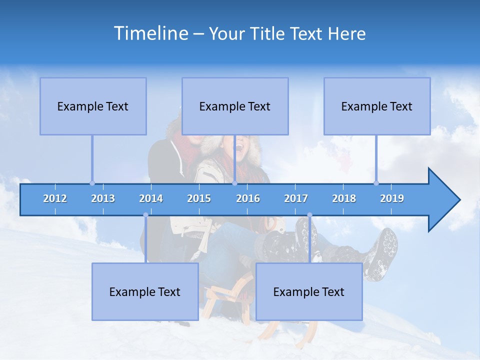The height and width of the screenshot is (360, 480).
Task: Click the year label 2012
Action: tap(55, 198)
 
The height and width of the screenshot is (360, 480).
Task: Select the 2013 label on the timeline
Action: tap(103, 198)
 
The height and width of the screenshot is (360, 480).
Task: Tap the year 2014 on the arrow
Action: tap(151, 198)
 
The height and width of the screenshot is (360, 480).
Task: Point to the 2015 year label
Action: tap(199, 198)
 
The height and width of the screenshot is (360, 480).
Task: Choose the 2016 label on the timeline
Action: tap(248, 198)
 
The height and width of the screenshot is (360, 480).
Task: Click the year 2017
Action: tap(296, 198)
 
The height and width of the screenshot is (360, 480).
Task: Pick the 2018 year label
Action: tap(344, 198)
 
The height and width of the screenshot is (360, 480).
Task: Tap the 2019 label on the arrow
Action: tap(392, 198)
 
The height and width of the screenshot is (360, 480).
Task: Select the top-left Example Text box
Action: tap(93, 106)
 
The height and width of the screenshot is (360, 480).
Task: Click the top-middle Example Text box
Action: tap(235, 106)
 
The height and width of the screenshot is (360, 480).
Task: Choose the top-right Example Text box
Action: tap(377, 106)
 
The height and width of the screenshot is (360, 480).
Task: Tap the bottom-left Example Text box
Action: tap(145, 291)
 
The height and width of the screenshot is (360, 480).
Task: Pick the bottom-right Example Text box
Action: tap(309, 291)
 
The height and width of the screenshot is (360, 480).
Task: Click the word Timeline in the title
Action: tap(150, 33)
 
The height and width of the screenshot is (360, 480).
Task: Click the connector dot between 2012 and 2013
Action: tap(92, 183)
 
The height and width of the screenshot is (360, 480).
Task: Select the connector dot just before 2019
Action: tap(376, 183)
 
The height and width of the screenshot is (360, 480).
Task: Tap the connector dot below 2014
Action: tap(145, 215)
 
